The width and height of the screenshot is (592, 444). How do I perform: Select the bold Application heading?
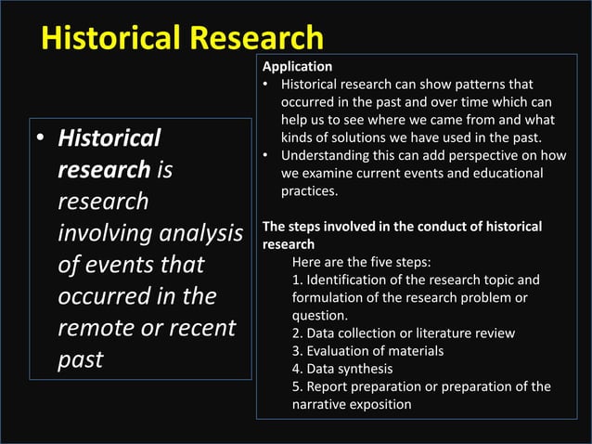click(297, 67)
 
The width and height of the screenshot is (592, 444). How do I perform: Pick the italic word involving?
click(104, 233)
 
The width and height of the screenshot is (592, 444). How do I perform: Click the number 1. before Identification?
click(297, 280)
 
